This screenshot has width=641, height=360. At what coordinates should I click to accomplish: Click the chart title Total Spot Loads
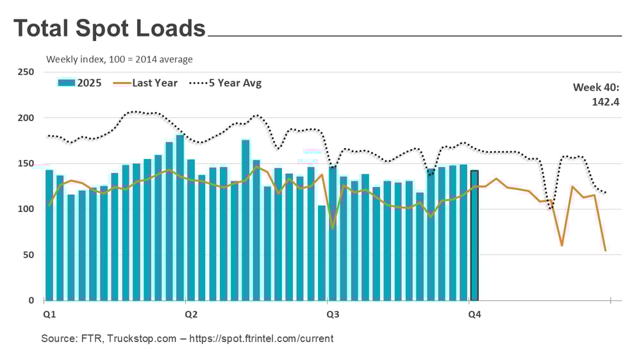(110, 29)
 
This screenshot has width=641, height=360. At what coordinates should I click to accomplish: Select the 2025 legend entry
(80, 83)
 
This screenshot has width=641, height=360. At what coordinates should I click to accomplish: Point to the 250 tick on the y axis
(26, 72)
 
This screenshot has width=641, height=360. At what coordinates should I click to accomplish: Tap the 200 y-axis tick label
(26, 118)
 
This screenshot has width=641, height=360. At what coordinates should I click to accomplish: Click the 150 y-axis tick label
(26, 164)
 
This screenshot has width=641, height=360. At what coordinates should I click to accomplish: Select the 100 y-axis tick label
(26, 209)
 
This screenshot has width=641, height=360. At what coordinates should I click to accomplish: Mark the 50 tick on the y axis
(28, 255)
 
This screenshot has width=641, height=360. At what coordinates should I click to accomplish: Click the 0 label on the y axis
(31, 300)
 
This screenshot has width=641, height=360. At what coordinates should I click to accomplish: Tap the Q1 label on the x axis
(49, 315)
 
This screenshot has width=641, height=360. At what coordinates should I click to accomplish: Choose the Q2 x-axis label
(191, 315)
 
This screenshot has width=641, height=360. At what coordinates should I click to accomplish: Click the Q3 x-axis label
(333, 315)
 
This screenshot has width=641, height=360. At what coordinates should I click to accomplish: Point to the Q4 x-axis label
(474, 315)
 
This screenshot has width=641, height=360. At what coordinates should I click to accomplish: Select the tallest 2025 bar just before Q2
(180, 218)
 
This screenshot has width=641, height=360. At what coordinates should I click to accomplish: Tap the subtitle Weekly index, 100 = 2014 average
(119, 60)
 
